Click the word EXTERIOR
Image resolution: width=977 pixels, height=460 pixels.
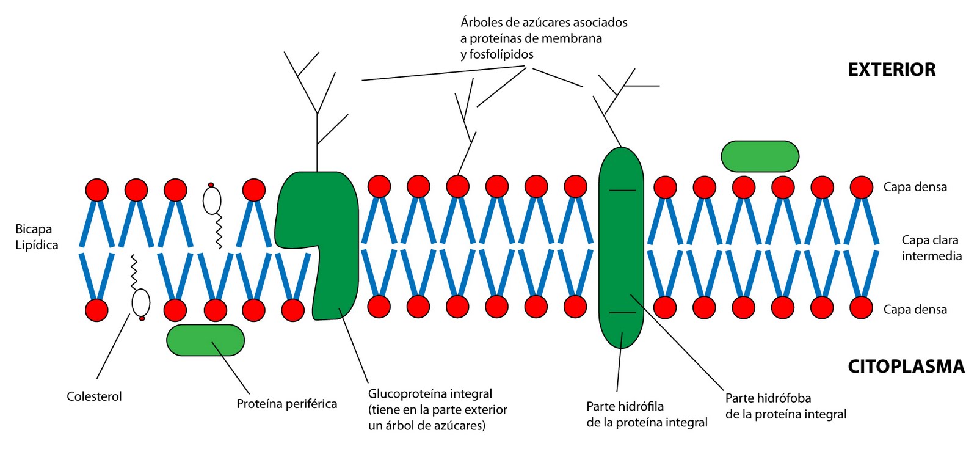point(891,70)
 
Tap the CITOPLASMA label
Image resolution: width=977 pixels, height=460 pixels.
point(906,367)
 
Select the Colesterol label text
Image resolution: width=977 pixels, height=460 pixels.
point(94,396)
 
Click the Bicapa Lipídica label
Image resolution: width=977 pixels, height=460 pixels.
point(37,237)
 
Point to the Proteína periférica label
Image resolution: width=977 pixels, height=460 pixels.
point(286,404)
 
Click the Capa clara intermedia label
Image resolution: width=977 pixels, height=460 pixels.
point(931,248)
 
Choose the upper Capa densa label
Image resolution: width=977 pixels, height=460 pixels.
point(915,187)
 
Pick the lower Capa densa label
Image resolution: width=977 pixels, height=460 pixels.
point(915,310)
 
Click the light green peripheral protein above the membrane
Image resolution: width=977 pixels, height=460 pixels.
point(760,156)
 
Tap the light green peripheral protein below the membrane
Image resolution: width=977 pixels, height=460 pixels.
point(205,340)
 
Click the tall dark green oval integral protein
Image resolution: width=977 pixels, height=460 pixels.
point(621,247)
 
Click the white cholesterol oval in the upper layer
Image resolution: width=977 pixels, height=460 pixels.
point(212,200)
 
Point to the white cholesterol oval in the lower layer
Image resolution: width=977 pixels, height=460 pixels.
point(140,302)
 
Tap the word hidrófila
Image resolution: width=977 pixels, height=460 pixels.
point(641,406)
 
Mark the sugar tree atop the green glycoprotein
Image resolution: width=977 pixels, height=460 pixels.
point(316,104)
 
